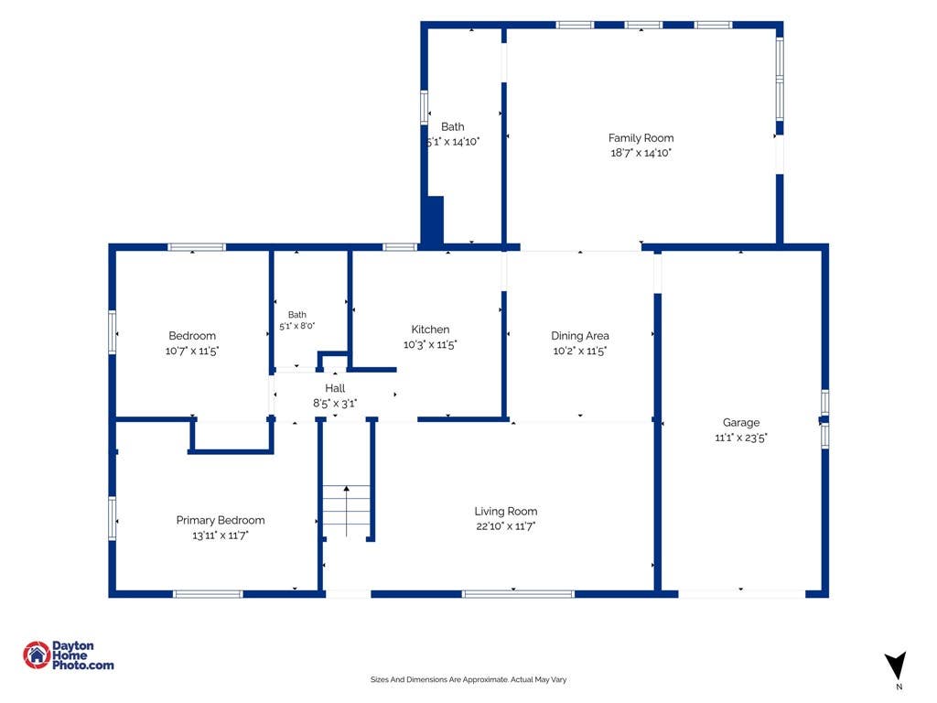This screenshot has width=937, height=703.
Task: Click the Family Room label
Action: pos(641,138)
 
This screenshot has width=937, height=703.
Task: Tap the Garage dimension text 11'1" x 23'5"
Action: pos(741,438)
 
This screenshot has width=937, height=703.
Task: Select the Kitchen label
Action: pos(430,330)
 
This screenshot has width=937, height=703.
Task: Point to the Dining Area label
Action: pos(579,336)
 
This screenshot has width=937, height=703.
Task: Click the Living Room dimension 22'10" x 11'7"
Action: pos(505,526)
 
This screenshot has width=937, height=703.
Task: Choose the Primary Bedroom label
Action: pos(221,521)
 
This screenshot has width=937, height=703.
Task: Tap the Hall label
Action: pos(335,388)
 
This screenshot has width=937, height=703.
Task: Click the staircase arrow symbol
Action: pos(347,511)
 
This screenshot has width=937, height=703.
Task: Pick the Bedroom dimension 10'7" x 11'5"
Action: pos(192,351)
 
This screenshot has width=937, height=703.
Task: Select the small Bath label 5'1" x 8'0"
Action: pos(297,320)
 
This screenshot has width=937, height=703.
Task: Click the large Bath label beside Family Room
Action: pos(452,126)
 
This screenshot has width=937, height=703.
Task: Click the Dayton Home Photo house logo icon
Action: pos(37,655)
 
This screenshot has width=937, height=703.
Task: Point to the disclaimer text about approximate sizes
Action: pos(468,680)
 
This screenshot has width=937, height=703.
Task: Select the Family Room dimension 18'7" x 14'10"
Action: pos(641,153)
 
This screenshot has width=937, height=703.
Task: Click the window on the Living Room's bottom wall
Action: pos(518,594)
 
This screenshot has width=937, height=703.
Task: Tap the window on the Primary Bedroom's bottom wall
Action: pos(208,594)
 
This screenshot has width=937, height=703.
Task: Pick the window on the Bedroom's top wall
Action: pos(197,247)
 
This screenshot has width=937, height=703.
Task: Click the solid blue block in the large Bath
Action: pos(433,220)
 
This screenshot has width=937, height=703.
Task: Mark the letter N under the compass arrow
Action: pos(899,687)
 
